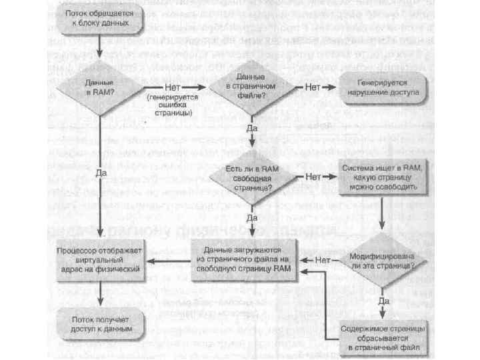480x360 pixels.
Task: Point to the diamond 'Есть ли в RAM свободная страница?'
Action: tap(251, 178)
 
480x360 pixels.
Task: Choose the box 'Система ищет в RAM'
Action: tap(381, 178)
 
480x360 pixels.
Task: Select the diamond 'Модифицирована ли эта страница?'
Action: tap(381, 259)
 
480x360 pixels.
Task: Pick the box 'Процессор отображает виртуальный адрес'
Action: tap(99, 259)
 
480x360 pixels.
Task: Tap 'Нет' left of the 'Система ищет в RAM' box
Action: tap(313, 177)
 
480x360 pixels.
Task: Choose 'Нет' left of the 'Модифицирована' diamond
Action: tap(324, 259)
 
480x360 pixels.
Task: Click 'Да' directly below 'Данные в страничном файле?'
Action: tap(252, 127)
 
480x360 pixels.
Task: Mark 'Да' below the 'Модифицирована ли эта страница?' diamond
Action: tap(383, 301)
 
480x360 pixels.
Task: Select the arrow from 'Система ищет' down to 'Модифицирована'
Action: tap(381, 213)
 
